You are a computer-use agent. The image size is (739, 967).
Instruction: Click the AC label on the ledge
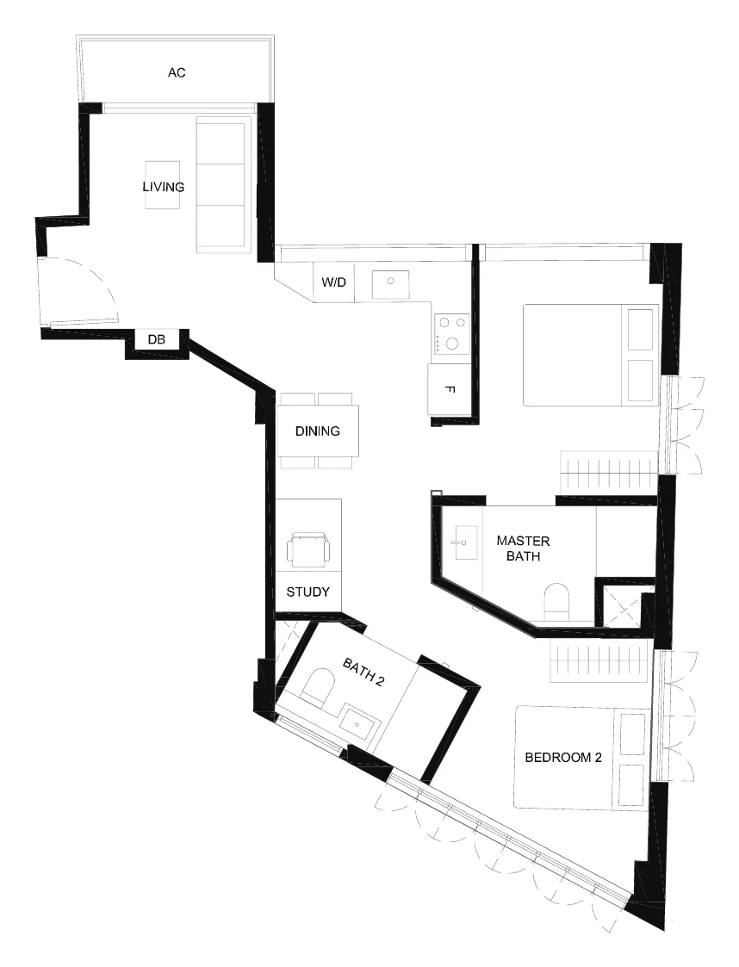[177, 73]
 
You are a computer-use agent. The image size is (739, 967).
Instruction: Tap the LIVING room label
[164, 187]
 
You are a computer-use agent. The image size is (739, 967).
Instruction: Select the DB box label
[157, 340]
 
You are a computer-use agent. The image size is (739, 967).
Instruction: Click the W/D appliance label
[333, 282]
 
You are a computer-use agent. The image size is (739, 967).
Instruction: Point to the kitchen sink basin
[390, 283]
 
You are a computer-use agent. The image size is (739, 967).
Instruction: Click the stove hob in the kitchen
[452, 333]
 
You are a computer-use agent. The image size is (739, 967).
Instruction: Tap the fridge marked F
[450, 389]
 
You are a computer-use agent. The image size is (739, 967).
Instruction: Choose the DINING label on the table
[318, 431]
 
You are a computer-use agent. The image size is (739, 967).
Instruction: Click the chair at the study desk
[307, 549]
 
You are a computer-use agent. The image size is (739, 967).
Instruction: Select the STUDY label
[307, 592]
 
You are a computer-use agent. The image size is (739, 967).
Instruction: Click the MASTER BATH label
[523, 549]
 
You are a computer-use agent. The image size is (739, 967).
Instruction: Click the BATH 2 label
[363, 673]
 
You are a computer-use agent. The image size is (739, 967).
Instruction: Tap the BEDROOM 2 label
[563, 757]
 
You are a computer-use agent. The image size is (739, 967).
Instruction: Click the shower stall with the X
[620, 605]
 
